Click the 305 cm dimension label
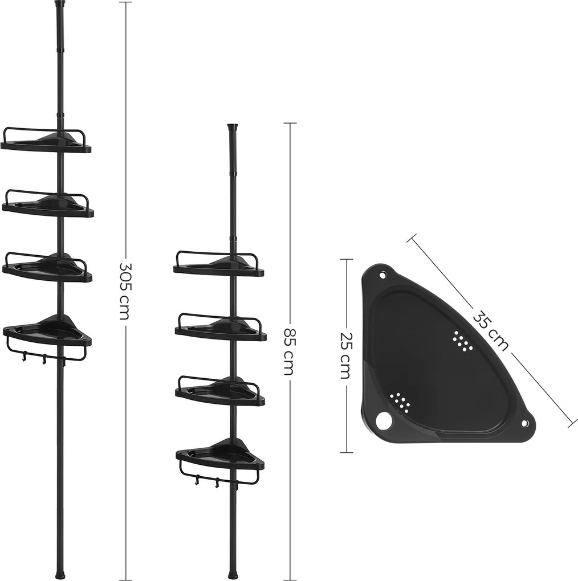(125, 290)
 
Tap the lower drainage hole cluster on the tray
(401, 401)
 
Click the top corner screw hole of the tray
(383, 275)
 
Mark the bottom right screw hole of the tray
(525, 424)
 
